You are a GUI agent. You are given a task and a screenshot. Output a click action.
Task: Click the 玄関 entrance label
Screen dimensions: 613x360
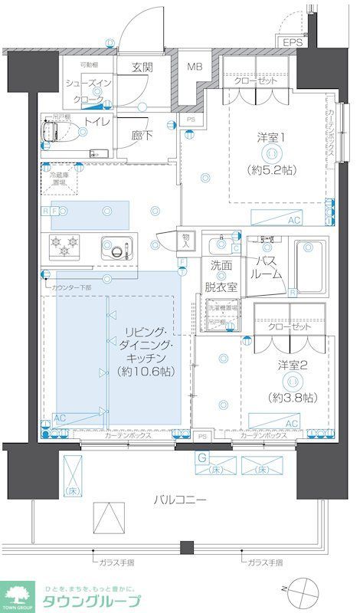pos(142,67)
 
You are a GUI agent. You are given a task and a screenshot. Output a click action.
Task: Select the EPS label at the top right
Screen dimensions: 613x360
pos(292,42)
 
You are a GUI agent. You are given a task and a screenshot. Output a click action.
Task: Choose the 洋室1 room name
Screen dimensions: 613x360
pos(271,138)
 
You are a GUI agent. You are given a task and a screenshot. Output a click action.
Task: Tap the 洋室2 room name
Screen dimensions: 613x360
pos(293,366)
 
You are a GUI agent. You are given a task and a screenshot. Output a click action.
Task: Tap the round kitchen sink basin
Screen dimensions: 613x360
pos(117,248)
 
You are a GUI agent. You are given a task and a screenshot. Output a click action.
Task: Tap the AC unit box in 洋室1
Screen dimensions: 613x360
pos(293,220)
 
